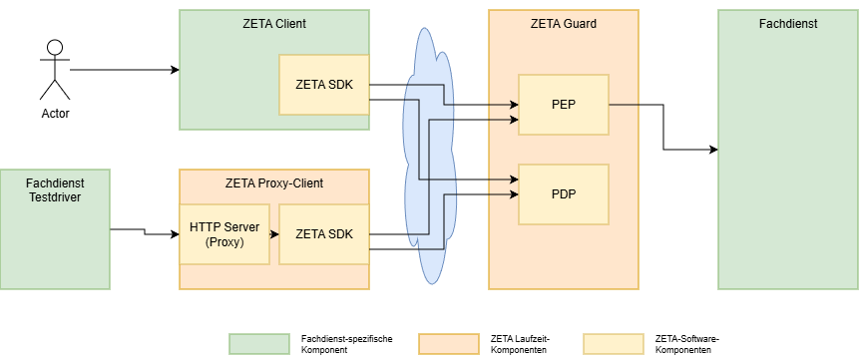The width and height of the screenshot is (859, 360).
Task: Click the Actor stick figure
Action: tap(55, 70)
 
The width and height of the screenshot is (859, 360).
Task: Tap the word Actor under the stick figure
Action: tap(55, 114)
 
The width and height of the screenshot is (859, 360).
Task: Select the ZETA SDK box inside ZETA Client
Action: tap(323, 84)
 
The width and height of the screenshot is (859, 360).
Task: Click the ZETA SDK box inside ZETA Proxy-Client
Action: tap(323, 233)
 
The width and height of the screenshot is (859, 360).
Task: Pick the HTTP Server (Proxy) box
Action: tap(223, 233)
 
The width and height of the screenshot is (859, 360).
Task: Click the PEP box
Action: tap(563, 104)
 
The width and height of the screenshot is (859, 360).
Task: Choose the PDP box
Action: tap(563, 193)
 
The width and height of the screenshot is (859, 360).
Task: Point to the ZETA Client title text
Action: tap(273, 23)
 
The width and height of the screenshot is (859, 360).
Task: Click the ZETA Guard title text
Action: tap(563, 23)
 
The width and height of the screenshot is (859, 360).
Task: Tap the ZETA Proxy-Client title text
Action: tap(273, 182)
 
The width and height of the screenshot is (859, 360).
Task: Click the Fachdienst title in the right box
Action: tap(787, 23)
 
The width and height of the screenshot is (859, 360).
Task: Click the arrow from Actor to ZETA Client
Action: tap(125, 70)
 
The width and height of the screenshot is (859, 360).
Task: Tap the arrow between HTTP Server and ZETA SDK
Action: tap(274, 234)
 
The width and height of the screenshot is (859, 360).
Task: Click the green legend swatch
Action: tap(258, 344)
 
